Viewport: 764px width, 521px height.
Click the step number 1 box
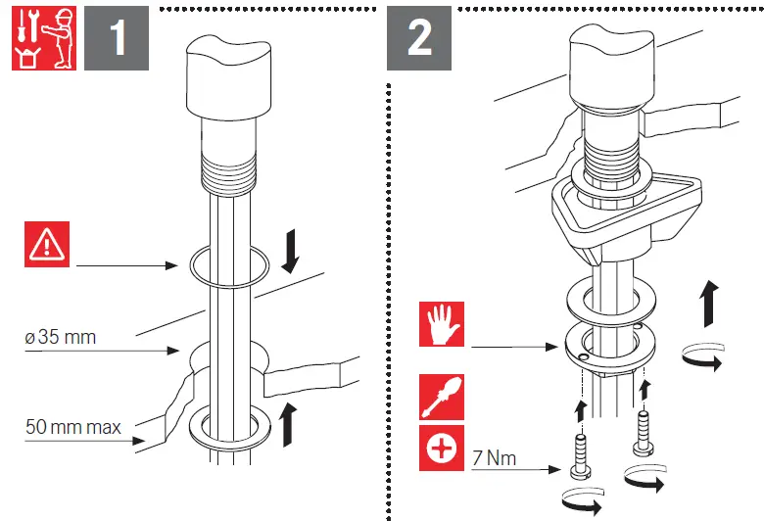point(116,38)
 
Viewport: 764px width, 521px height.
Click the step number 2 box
point(419,38)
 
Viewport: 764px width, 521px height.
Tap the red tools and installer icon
point(44,38)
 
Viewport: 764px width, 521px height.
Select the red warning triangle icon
point(48,245)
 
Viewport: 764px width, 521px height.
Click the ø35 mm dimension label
point(61,338)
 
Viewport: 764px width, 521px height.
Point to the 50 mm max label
point(73,427)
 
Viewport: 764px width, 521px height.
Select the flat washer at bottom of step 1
point(229,427)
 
